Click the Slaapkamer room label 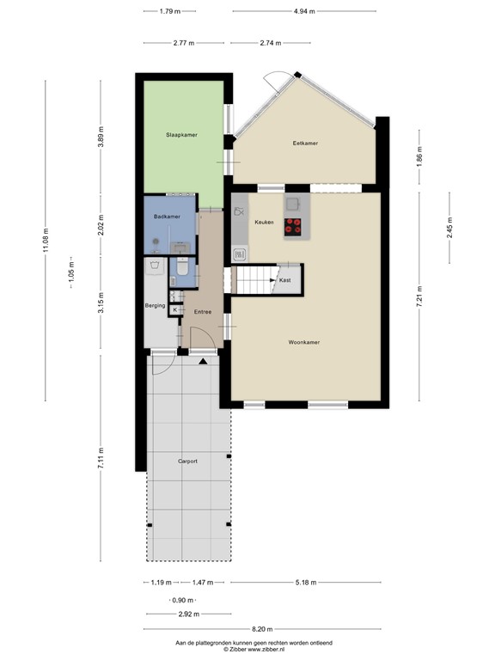pos(181,135)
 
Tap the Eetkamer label pos(305,144)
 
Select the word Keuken pos(264,223)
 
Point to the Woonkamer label pos(303,342)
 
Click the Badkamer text pos(167,217)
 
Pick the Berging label pos(155,305)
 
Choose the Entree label pos(202,312)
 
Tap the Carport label pos(187,461)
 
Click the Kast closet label pos(285,280)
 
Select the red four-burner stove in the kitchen pos(294,227)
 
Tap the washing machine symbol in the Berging pos(156,266)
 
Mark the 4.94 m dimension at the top pos(303,11)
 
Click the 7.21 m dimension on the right pos(420,296)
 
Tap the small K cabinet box pos(175,309)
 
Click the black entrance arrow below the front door pos(203,362)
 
